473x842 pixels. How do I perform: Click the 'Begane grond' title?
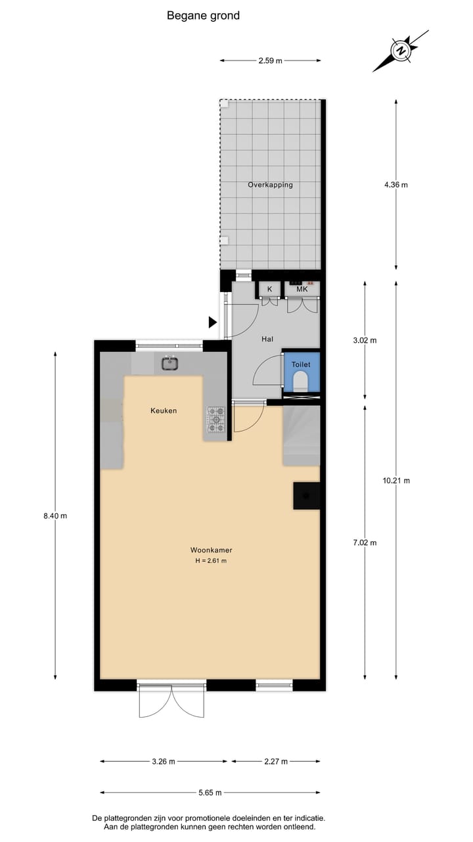click(203, 16)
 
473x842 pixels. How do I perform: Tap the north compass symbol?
click(400, 50)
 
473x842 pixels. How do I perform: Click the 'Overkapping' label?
click(270, 185)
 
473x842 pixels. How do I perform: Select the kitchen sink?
click(170, 362)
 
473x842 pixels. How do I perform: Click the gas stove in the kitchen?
click(216, 420)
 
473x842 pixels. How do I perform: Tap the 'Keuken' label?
click(164, 410)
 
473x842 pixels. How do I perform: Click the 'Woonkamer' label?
click(211, 550)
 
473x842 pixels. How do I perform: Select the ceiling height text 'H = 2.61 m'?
click(211, 561)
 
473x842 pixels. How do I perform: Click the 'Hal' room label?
click(267, 339)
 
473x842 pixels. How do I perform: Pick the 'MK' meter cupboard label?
click(302, 289)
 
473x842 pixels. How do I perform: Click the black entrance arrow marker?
click(212, 322)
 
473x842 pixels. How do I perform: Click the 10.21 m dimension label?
click(396, 481)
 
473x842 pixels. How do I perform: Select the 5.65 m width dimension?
click(210, 793)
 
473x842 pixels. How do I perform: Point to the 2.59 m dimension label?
click(270, 61)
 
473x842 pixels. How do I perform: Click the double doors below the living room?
click(171, 702)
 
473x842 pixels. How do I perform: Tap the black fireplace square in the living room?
click(307, 495)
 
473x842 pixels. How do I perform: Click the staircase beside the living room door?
click(301, 435)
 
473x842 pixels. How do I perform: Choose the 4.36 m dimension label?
click(395, 185)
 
